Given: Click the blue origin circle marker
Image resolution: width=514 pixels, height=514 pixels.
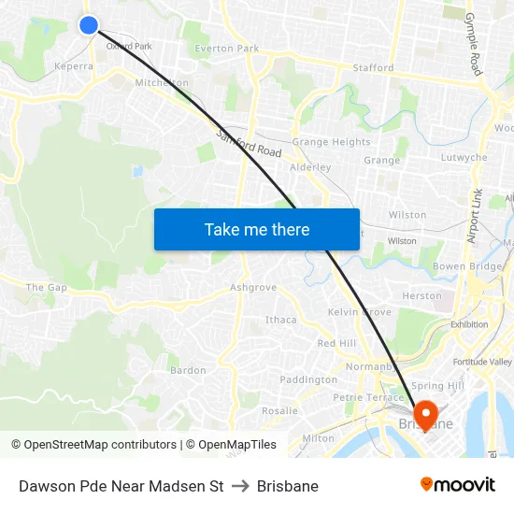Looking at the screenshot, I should (x=89, y=25).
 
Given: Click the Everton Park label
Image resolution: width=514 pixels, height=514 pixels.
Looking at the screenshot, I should (x=227, y=49).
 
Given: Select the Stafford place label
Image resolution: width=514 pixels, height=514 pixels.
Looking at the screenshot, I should (x=373, y=68).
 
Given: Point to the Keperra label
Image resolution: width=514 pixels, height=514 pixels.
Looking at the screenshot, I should (x=74, y=67).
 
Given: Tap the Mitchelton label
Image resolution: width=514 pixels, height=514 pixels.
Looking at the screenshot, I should (x=162, y=83).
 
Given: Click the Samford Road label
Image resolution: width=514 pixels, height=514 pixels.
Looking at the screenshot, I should (x=249, y=144).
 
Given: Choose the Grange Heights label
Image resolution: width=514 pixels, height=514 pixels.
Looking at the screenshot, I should (x=331, y=142).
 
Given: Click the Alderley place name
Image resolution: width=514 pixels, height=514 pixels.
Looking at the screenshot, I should (x=310, y=167).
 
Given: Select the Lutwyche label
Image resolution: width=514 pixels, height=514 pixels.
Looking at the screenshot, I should (x=464, y=158).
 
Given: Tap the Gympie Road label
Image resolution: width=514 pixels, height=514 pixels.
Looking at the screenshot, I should (x=473, y=46).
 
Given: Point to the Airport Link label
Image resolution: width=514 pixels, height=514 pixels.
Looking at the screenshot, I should (x=474, y=216).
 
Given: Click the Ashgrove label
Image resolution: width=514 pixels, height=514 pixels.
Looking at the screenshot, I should (x=253, y=288).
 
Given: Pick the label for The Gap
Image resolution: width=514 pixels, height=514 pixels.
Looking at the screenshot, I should (x=46, y=288).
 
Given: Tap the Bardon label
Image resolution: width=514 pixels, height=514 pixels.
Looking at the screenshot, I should (x=188, y=371).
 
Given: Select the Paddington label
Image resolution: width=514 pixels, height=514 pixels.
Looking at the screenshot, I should (x=308, y=380).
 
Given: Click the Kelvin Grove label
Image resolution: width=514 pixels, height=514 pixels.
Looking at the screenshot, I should (x=360, y=312).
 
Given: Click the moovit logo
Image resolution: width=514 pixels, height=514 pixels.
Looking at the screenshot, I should (x=458, y=485).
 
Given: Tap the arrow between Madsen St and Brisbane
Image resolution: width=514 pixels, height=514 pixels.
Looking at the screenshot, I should (x=240, y=487).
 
